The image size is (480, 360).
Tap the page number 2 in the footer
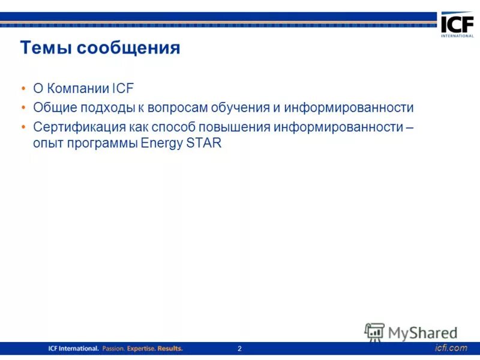pos(239,349)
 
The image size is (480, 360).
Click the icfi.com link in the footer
pos(450,348)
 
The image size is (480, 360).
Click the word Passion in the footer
pos(113,349)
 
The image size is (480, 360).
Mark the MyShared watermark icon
pos(374,332)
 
